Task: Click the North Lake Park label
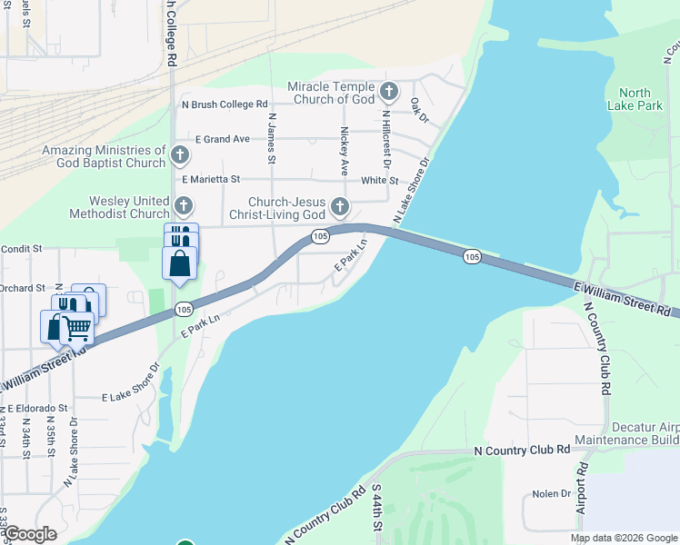tap(635, 99)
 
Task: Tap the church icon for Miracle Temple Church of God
tap(389, 92)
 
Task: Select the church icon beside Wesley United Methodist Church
tap(184, 206)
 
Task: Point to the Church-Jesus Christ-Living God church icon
tap(340, 208)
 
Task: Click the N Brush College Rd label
tap(225, 104)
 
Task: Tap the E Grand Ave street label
tap(222, 139)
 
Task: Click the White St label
tap(379, 180)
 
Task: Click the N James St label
tap(271, 140)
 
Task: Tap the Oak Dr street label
tap(418, 111)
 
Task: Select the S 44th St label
tap(375, 512)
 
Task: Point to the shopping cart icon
tap(77, 327)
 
